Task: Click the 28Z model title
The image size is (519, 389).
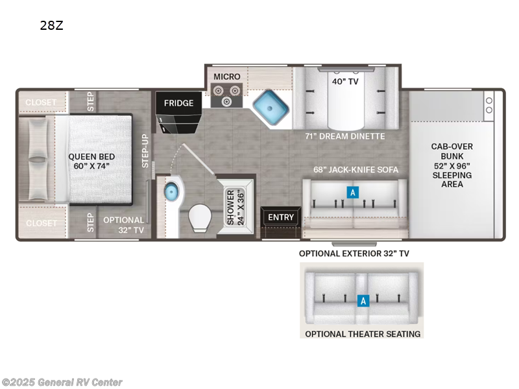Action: (x=52, y=25)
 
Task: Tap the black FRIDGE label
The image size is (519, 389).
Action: (x=179, y=103)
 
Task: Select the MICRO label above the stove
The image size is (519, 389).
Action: (x=226, y=77)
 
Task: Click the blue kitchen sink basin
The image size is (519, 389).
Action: (x=271, y=108)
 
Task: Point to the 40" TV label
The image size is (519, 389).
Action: (x=345, y=82)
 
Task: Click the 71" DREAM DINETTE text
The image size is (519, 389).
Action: (x=345, y=136)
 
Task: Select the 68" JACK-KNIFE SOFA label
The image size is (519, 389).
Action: (x=356, y=170)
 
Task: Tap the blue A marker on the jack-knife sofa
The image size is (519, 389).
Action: (x=353, y=192)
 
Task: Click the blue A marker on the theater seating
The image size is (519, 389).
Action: (x=363, y=301)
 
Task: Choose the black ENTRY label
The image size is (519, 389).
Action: (x=281, y=217)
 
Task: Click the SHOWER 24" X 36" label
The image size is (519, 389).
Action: (x=235, y=207)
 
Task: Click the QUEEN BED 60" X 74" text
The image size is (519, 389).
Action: (x=91, y=161)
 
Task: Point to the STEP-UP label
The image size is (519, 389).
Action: (x=145, y=151)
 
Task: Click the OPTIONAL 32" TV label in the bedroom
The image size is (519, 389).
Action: (x=123, y=225)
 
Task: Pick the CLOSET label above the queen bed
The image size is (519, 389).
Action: (x=41, y=102)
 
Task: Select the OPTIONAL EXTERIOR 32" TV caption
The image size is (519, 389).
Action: (x=354, y=253)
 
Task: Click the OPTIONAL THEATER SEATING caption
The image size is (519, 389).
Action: (x=363, y=334)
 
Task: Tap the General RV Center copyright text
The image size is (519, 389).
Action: (x=62, y=383)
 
